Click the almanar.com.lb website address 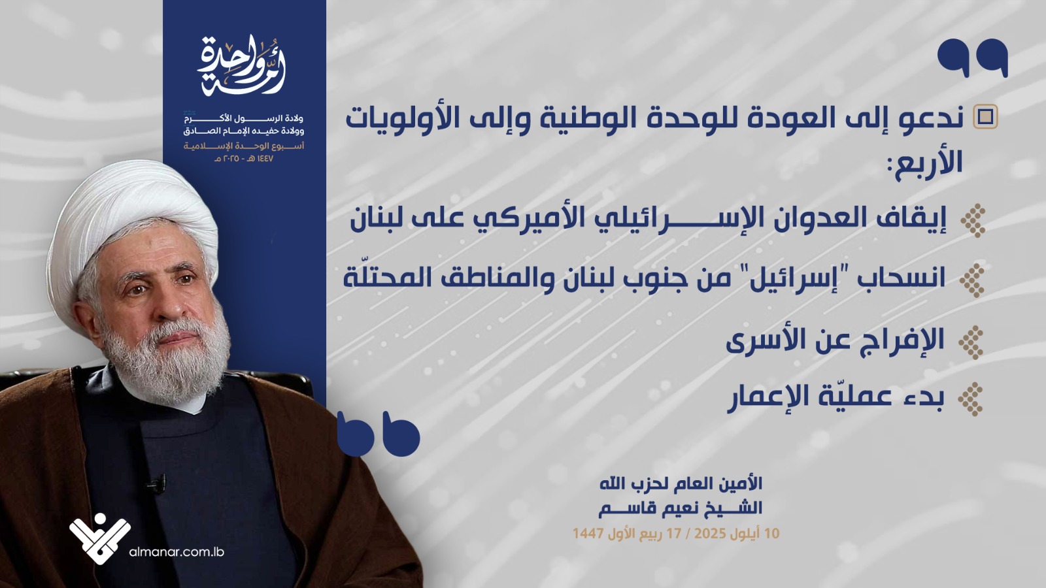tap(177, 552)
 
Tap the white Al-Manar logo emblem tap(100, 538)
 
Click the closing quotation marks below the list tap(379, 434)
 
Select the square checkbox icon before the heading tap(985, 116)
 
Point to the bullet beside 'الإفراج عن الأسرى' tap(971, 342)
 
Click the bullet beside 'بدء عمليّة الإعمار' tap(970, 399)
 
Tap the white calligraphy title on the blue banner tap(241, 65)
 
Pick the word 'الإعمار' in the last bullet tap(772, 398)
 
